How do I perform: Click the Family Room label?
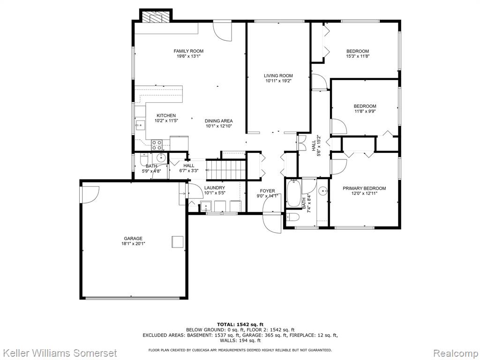[188, 51]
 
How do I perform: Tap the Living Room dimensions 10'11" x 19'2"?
[278, 81]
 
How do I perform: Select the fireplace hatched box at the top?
[156, 16]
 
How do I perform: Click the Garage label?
[133, 239]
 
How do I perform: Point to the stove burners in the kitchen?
[157, 145]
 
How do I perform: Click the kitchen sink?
[140, 125]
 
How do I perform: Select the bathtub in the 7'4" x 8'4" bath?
[294, 194]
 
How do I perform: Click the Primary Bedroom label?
[364, 188]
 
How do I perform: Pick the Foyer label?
[268, 191]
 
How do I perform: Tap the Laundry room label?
[215, 187]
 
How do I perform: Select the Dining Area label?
[219, 120]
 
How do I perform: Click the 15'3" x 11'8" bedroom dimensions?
[358, 56]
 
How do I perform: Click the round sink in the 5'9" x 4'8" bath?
[161, 158]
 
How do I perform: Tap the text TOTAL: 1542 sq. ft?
[240, 324]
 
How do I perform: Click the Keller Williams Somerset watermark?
[59, 353]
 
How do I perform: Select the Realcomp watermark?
[455, 353]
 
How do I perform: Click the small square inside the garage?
[177, 241]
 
